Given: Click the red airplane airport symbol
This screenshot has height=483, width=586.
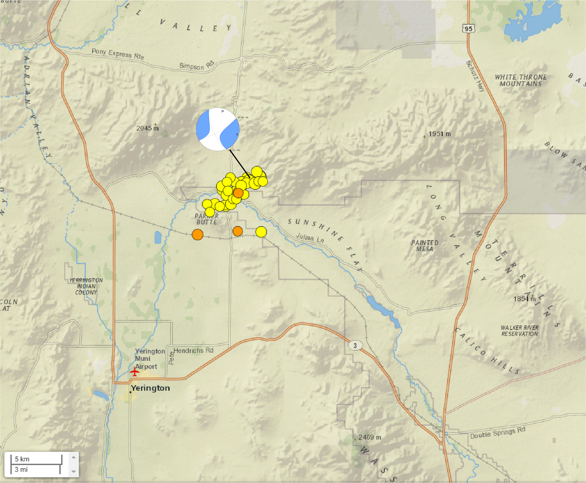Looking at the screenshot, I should (135, 371).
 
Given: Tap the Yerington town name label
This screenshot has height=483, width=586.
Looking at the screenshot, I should (150, 388).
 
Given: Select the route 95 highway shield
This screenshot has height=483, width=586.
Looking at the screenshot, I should (468, 29).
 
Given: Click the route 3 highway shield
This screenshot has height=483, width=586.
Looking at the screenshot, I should (355, 345).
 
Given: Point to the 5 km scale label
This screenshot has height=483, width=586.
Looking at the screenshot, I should (22, 459).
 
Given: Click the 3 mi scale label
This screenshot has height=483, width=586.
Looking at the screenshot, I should (21, 470).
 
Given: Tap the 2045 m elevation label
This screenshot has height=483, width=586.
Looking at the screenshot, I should (147, 128).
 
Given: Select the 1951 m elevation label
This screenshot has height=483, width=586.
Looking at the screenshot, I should (439, 134).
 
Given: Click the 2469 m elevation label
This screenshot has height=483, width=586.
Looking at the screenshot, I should (370, 437).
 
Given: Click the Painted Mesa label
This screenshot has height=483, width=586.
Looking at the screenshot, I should (425, 246).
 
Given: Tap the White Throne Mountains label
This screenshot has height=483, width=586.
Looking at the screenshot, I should (520, 80).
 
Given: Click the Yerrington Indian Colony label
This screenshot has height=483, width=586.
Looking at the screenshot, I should (86, 286).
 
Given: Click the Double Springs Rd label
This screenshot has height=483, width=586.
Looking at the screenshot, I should (498, 433).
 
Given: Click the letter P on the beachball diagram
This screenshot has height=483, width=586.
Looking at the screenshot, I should (223, 111).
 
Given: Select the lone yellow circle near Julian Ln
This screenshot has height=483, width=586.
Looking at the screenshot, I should (261, 232).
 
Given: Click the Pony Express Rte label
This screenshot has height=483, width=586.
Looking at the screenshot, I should (118, 54).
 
